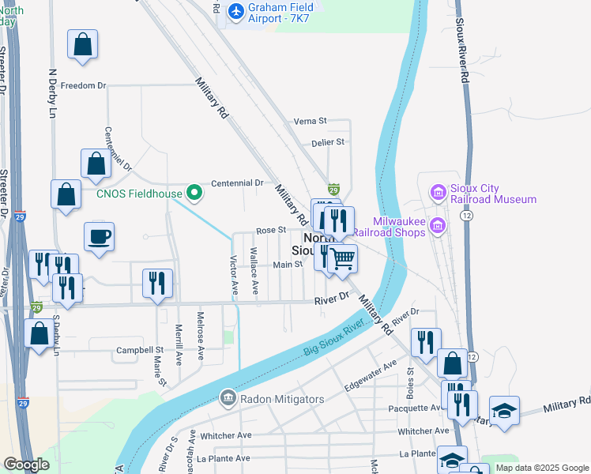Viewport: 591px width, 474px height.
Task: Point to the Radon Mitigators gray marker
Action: [228, 396]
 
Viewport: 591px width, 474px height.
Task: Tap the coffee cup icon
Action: [100, 236]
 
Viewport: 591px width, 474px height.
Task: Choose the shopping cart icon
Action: [341, 258]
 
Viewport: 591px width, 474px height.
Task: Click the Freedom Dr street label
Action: [83, 85]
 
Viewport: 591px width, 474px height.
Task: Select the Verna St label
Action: [310, 121]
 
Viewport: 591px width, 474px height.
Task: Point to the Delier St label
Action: [327, 142]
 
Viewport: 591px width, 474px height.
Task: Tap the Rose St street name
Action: [269, 230]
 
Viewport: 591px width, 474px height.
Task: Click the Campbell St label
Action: [139, 349]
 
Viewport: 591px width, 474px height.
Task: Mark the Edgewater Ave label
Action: [371, 376]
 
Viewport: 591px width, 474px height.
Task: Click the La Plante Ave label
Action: [224, 458]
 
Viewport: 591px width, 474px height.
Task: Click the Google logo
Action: [26, 465]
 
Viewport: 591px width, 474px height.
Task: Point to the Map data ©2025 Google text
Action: [541, 468]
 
